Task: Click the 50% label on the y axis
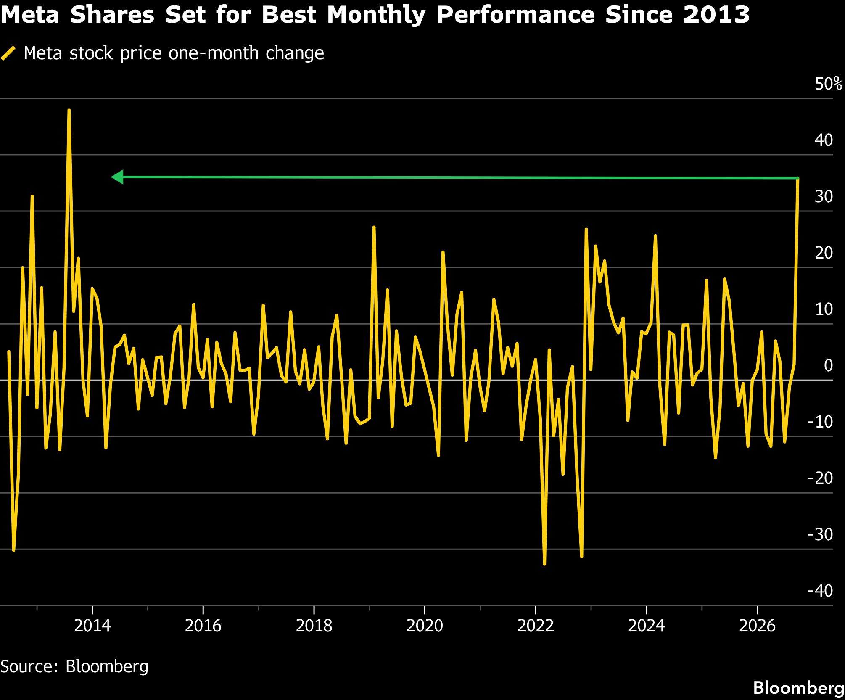pos(828,84)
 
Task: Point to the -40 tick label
pos(820,591)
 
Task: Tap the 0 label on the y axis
pos(828,365)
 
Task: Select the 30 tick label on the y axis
pos(824,196)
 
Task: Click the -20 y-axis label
pos(820,478)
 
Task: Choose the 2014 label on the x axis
pos(92,626)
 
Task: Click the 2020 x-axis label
pos(425,626)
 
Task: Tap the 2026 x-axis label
pos(757,626)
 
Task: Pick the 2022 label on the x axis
pos(536,626)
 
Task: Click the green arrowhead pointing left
pos(117,177)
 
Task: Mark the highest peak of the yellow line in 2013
pos(69,110)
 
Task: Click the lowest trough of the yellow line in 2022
pos(544,564)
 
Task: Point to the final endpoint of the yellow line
pos(797,179)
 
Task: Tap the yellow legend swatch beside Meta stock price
pos(8,53)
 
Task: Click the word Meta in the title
pos(30,15)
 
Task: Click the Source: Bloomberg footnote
pos(74,666)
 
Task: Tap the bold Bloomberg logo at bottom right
pos(799,688)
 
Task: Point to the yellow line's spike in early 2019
pos(374,227)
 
